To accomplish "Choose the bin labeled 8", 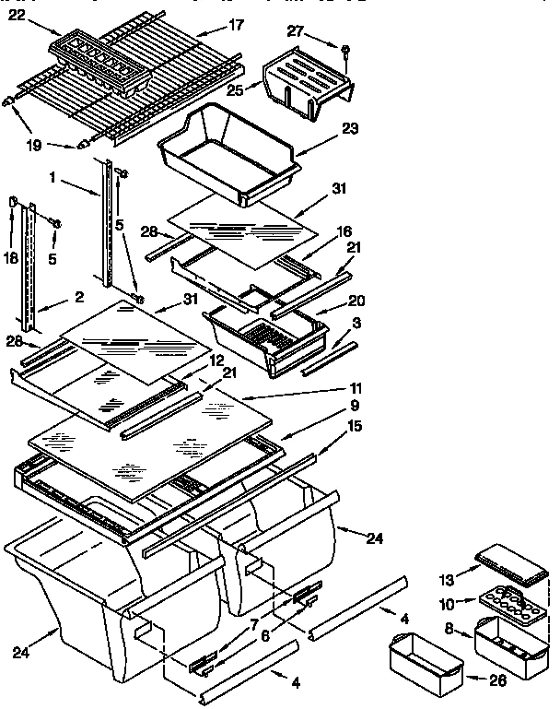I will coord(503,639).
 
